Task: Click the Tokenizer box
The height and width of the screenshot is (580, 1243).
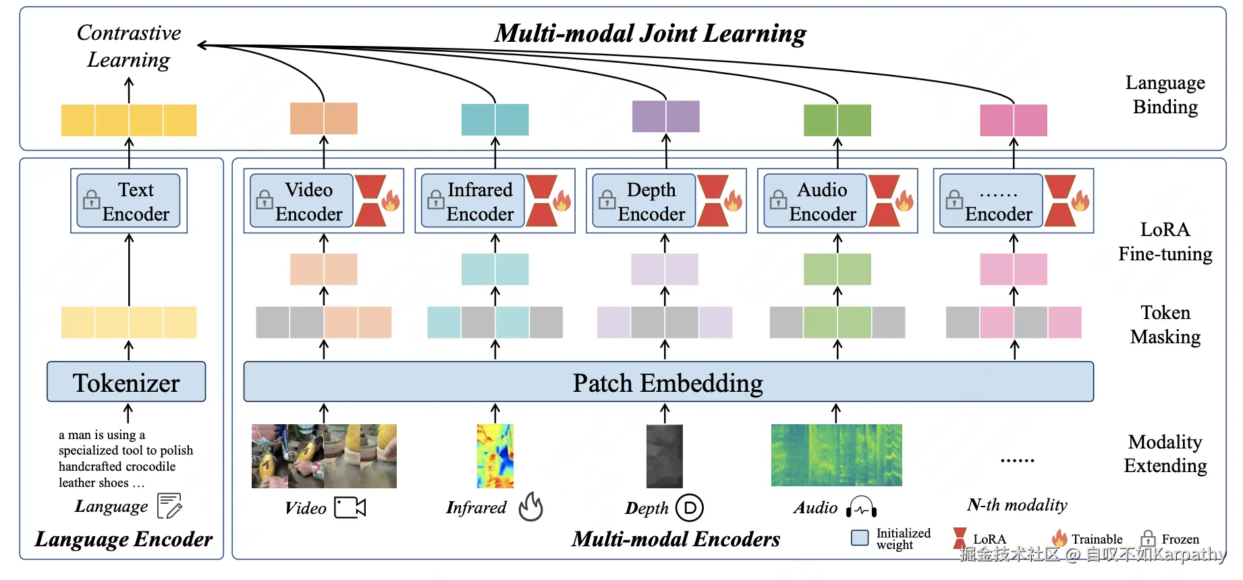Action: [126, 382]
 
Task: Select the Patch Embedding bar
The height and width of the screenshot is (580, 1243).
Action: [668, 382]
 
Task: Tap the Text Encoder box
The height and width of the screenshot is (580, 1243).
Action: [128, 201]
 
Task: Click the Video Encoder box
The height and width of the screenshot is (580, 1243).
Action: [302, 201]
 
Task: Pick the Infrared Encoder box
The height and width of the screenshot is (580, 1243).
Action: [472, 201]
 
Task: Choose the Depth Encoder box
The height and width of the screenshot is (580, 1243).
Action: [644, 201]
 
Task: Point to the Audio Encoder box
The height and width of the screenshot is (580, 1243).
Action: [815, 201]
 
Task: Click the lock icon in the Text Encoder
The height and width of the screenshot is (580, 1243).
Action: [91, 200]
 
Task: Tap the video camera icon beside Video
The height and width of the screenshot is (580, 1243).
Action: [350, 508]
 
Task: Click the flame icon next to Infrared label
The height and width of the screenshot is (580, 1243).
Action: [531, 506]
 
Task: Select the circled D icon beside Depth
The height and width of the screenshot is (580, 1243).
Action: [690, 508]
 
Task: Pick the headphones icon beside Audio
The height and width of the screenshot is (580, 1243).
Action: [862, 508]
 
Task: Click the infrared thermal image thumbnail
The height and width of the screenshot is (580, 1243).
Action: [495, 456]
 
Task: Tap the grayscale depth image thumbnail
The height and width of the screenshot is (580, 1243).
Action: [665, 456]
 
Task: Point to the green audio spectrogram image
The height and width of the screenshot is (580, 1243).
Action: [837, 455]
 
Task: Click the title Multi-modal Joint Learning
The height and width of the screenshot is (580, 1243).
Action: [650, 33]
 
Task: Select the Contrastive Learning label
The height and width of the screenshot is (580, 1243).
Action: [129, 46]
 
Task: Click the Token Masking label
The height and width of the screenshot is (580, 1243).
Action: [1165, 324]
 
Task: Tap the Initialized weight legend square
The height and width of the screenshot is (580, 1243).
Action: [860, 538]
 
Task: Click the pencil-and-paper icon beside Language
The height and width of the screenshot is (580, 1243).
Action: [169, 506]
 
